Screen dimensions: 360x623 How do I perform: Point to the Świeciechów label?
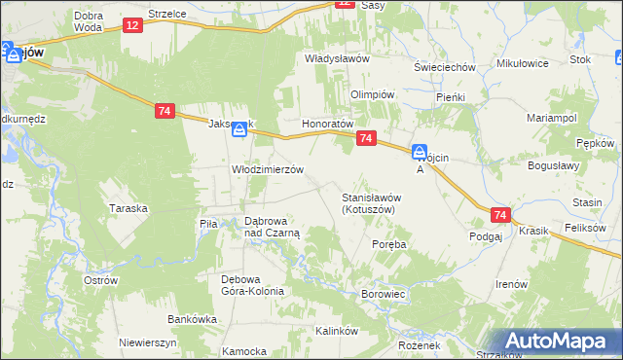[444, 67]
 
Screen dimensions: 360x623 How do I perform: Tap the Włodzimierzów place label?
[268, 168]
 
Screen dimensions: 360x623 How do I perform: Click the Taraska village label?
[128, 208]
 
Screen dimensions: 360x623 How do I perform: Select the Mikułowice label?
[523, 63]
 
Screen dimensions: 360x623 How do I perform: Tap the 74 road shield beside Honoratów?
[366, 139]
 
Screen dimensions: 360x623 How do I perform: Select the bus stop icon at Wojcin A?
[419, 152]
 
